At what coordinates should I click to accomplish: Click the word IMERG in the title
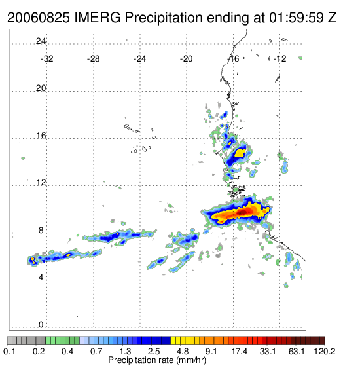click(x=98, y=18)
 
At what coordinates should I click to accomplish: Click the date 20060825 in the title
click(x=39, y=18)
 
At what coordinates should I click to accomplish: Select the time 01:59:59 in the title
click(x=297, y=18)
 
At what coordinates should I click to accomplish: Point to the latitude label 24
click(x=41, y=41)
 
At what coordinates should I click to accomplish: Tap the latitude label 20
click(x=41, y=88)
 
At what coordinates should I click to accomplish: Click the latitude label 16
click(x=41, y=136)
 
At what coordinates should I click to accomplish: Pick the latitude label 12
click(x=41, y=183)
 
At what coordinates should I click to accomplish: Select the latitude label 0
click(x=41, y=325)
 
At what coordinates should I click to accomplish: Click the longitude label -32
click(x=46, y=59)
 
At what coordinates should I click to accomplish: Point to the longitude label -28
click(x=93, y=59)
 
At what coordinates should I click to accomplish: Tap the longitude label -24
click(x=139, y=59)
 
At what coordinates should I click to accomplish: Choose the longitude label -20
click(x=186, y=59)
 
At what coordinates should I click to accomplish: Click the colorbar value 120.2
click(x=324, y=351)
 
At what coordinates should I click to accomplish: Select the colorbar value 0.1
click(x=9, y=351)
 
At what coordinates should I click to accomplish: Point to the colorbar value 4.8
click(x=183, y=351)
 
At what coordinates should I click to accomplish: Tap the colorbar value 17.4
click(x=240, y=351)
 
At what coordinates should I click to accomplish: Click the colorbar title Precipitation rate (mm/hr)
click(x=157, y=360)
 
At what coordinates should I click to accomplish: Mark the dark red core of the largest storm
click(x=242, y=212)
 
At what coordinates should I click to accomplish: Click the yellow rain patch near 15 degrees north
click(x=239, y=153)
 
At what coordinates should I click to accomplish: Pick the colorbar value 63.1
click(x=297, y=351)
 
